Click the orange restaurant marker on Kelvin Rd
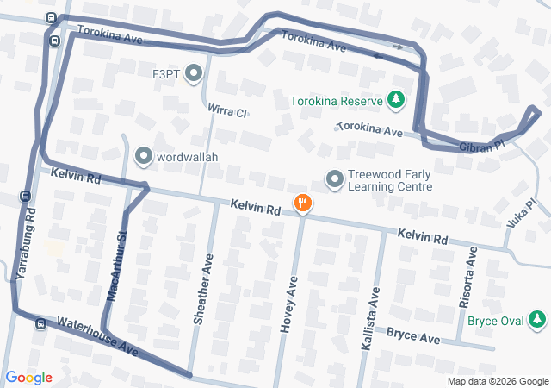[302, 204]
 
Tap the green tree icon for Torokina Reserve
[396, 101]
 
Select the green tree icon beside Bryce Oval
[538, 321]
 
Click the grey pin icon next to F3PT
[193, 74]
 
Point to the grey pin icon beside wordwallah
[142, 157]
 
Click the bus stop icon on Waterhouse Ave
[40, 324]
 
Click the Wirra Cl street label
[227, 111]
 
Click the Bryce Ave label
[412, 335]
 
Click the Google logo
[29, 378]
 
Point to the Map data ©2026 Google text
[498, 381]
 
